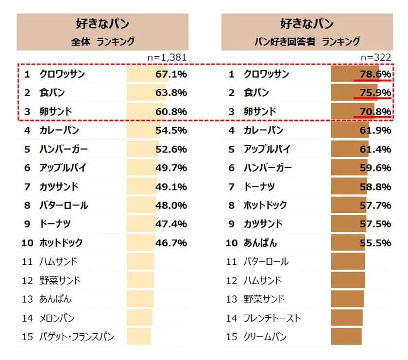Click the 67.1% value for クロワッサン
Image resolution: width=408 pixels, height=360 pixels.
[x=171, y=74]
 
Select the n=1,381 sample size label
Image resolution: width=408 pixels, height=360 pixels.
[x=167, y=57]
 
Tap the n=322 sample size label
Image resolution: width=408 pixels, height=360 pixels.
[x=375, y=57]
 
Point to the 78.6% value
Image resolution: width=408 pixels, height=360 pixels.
[x=375, y=74]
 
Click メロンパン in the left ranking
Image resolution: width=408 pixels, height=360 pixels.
[x=57, y=318]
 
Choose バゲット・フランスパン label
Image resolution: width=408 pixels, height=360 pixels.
[x=77, y=336]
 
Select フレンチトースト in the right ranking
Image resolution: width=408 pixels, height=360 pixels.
[x=272, y=318]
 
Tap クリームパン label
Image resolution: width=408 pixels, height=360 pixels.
[x=265, y=336]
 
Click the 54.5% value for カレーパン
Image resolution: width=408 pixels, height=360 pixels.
[x=171, y=131]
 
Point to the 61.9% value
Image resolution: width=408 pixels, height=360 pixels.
[x=375, y=131]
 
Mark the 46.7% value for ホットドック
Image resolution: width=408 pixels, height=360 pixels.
[x=171, y=242]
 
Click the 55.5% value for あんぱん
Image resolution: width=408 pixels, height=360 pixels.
[x=375, y=242]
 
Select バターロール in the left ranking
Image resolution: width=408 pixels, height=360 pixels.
[x=64, y=205]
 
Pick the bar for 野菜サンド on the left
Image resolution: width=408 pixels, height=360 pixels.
[x=140, y=280]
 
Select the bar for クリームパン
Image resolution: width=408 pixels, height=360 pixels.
[x=346, y=336]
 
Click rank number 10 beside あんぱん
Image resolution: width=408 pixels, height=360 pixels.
[x=232, y=242]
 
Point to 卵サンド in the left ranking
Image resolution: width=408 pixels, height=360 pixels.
[x=55, y=112]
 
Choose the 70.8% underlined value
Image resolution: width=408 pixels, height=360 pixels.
[x=375, y=112]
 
